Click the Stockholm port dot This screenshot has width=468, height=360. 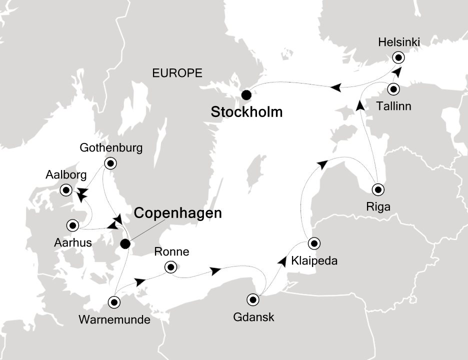tap(245, 94)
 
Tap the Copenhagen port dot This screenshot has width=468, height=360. tap(125, 243)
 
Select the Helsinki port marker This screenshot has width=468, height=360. tap(398, 57)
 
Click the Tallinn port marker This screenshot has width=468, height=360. tap(393, 89)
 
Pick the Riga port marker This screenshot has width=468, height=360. tap(378, 189)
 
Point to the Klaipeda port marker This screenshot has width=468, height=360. tap(314, 243)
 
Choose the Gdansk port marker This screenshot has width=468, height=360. tap(253, 300)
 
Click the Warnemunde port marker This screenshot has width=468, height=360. tap(114, 302)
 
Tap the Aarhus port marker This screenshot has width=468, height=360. tap(73, 225)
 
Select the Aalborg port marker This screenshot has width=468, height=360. tap(65, 190)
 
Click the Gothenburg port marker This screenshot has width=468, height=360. tap(109, 162)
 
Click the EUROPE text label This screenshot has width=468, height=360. tap(177, 73)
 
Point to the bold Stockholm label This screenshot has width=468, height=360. tap(246, 112)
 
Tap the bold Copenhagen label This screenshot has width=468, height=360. tap(177, 214)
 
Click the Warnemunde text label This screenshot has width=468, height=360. tap(114, 319)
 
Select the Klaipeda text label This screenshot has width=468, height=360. tap(314, 260)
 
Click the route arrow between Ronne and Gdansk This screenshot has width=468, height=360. tap(215, 271)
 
